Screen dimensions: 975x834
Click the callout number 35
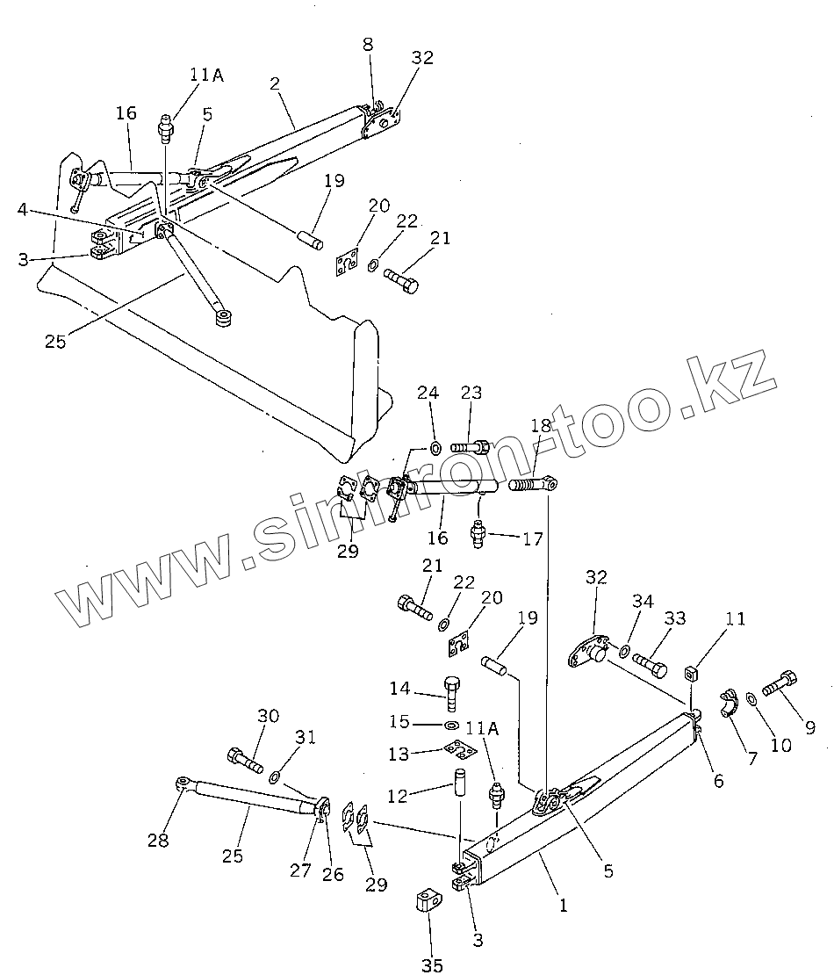[431, 965]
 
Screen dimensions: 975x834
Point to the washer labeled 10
[753, 699]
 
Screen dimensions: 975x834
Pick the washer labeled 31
[274, 776]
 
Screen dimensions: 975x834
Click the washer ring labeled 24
[435, 449]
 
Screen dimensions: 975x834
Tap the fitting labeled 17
[479, 532]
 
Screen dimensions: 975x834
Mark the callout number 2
[275, 83]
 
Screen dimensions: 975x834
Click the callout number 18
[541, 425]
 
